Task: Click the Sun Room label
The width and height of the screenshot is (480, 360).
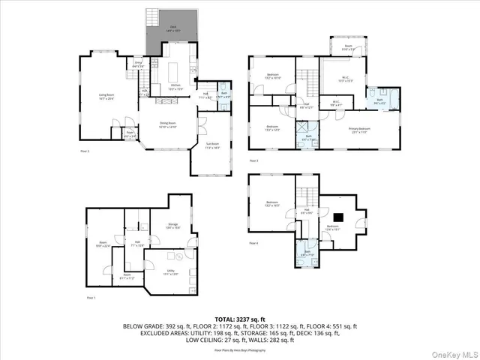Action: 212,146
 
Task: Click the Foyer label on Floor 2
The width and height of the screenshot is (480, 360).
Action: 130,136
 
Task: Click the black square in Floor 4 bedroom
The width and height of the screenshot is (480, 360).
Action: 338,217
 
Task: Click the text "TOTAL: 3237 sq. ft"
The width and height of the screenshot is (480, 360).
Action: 240,319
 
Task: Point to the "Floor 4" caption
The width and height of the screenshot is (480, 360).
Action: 253,243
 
